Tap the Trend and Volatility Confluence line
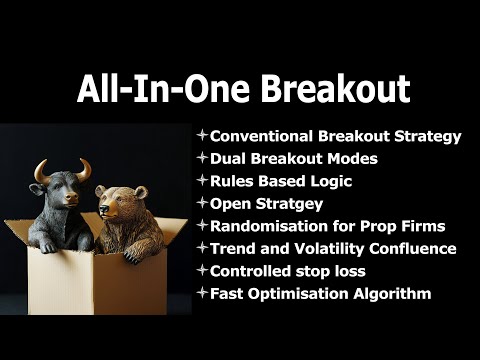click(332, 248)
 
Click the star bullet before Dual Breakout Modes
click(202, 159)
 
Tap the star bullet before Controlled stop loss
click(202, 270)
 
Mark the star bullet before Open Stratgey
click(202, 203)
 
